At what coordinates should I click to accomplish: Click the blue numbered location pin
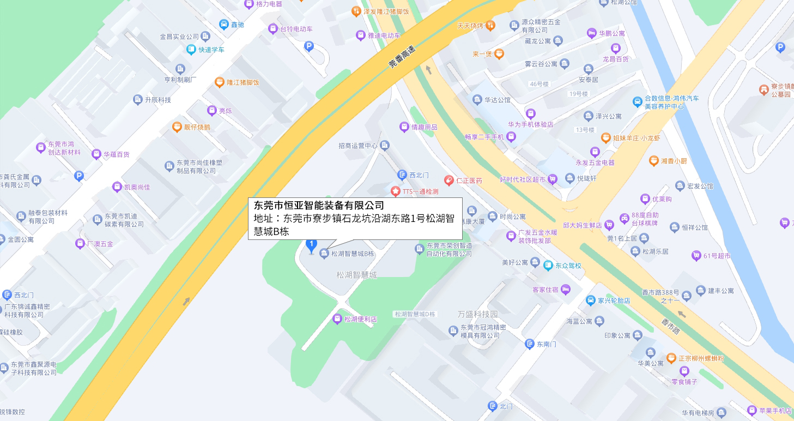(x=311, y=246)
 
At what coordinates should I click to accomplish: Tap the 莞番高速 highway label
(x=402, y=56)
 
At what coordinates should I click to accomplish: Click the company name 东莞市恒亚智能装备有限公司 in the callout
(x=319, y=206)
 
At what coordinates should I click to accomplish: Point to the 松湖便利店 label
(x=360, y=319)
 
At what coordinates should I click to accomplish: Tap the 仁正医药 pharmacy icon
(x=448, y=180)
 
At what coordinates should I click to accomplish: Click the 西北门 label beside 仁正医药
(x=419, y=175)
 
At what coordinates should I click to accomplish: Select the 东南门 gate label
(x=547, y=344)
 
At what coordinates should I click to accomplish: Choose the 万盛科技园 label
(x=478, y=314)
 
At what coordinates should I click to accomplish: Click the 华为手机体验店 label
(x=530, y=124)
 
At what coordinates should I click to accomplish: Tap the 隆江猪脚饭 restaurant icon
(x=219, y=82)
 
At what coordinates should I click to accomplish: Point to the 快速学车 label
(x=211, y=50)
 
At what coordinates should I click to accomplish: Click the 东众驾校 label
(x=568, y=266)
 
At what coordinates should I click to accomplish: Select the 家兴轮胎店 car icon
(x=590, y=300)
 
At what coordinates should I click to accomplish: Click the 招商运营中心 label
(x=357, y=146)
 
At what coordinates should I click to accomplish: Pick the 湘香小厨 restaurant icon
(x=653, y=161)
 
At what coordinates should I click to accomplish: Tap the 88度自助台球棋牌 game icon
(x=625, y=219)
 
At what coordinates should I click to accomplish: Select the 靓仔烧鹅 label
(x=197, y=127)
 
